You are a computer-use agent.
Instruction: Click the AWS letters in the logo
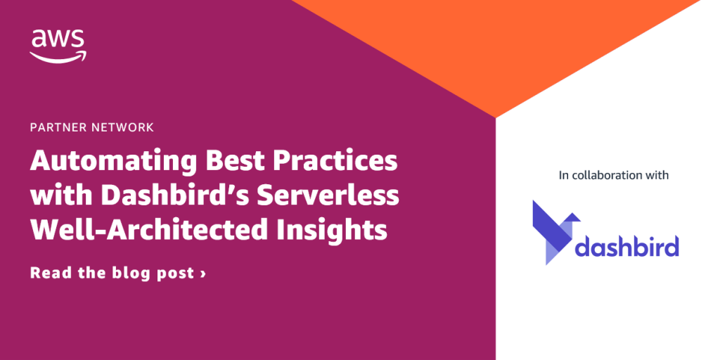58,39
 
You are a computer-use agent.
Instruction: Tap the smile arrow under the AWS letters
58,58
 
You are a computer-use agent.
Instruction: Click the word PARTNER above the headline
58,127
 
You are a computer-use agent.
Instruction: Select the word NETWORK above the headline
121,127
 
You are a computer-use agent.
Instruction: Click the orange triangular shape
496,46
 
